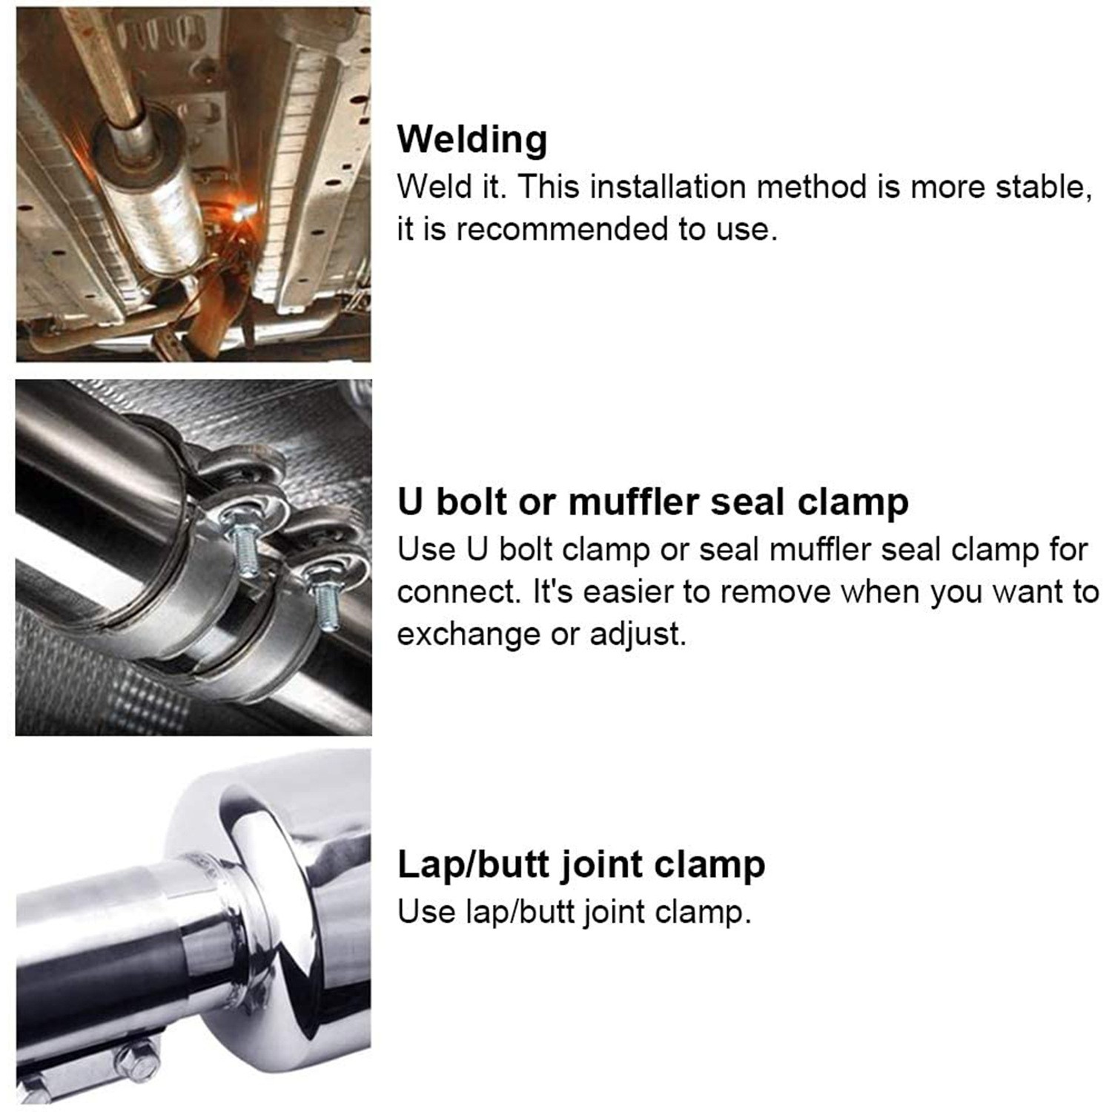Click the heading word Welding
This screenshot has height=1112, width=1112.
pyautogui.click(x=472, y=139)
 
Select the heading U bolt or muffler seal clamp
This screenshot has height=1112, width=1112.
pyautogui.click(x=652, y=502)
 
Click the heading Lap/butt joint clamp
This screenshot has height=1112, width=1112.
pyautogui.click(x=581, y=864)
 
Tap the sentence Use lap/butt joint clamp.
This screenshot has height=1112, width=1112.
pyautogui.click(x=575, y=911)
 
